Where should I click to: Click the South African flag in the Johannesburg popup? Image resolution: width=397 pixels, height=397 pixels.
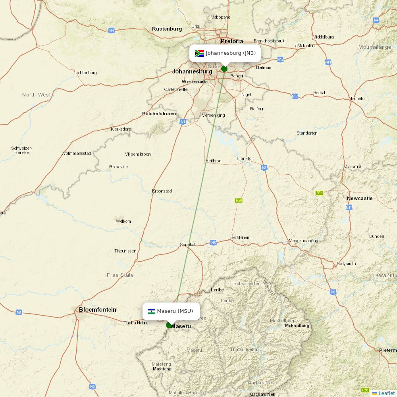(199, 53)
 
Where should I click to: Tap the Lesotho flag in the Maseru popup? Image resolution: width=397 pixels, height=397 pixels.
(151, 311)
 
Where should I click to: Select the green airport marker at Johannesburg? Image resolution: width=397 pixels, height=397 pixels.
(224, 69)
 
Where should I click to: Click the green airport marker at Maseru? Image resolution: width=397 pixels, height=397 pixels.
(169, 325)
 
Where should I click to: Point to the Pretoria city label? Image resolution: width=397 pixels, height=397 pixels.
(232, 41)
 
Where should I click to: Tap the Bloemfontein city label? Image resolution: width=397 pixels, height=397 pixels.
(97, 309)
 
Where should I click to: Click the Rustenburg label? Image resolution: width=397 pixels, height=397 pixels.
(167, 29)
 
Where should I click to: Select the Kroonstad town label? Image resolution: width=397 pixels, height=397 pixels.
(162, 191)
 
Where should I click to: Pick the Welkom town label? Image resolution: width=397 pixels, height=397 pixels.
(123, 221)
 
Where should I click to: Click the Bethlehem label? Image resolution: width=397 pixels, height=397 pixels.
(240, 237)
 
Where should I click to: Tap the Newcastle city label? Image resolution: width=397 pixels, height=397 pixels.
(360, 198)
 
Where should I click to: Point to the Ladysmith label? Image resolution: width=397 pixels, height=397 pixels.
(346, 264)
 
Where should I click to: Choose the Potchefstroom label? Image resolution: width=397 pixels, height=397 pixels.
(159, 114)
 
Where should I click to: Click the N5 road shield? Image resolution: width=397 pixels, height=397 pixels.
(213, 243)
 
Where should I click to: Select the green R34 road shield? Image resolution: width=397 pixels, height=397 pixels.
(319, 193)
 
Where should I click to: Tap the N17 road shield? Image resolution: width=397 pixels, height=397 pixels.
(295, 96)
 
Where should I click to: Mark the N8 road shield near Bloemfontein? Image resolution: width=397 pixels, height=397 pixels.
(19, 312)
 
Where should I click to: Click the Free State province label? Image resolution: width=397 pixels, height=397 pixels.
(120, 275)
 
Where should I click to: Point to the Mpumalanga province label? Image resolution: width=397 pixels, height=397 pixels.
(374, 47)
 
